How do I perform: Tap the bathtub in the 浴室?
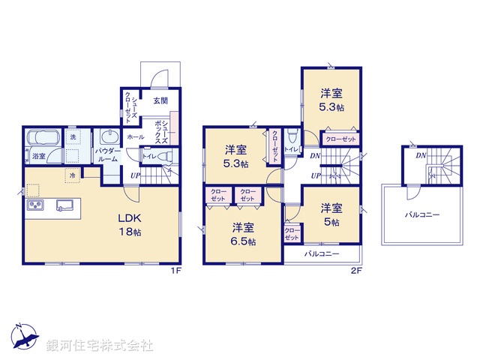pyautogui.click(x=43, y=140)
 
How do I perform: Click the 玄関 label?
pyautogui.click(x=160, y=100)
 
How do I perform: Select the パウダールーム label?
pyautogui.click(x=109, y=155)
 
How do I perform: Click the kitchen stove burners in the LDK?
pyautogui.click(x=35, y=205)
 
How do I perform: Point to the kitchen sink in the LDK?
pyautogui.click(x=61, y=205)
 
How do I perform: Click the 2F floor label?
pyautogui.click(x=357, y=271)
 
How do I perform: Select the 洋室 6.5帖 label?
pyautogui.click(x=241, y=234)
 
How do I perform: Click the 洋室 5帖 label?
pyautogui.click(x=331, y=214)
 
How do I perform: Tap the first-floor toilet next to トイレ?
pyautogui.click(x=168, y=156)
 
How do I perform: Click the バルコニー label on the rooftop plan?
pyautogui.click(x=422, y=214)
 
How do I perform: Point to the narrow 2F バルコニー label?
pyautogui.click(x=321, y=254)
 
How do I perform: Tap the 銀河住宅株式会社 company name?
pyautogui.click(x=100, y=346)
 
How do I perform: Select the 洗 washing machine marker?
pyautogui.click(x=73, y=138)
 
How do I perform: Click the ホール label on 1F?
pyautogui.click(x=136, y=137)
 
